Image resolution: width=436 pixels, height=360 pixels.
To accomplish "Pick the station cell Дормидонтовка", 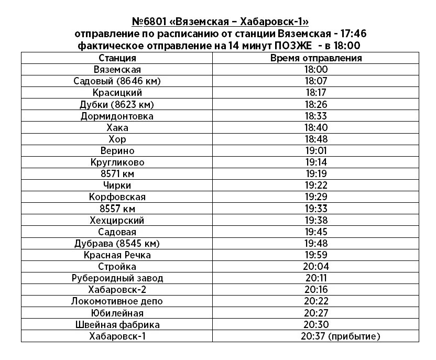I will [117, 116].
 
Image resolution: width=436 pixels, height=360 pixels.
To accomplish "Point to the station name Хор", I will [117, 139].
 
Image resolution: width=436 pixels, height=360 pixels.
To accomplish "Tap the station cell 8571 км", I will [117, 174].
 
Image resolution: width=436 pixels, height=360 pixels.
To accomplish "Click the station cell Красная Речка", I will [117, 255].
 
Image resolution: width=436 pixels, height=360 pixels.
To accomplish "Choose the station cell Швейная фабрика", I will [117, 325].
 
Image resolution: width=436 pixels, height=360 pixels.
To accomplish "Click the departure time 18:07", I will [315, 81].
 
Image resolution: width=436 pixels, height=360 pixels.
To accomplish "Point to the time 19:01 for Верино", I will [315, 151].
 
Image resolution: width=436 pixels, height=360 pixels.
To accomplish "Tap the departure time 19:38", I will [315, 221].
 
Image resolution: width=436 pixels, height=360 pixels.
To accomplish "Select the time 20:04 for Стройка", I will [315, 267].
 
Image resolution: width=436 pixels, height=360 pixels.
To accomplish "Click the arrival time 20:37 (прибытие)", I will [341, 336].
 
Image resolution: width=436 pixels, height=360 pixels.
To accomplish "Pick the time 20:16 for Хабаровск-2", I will [315, 290].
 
